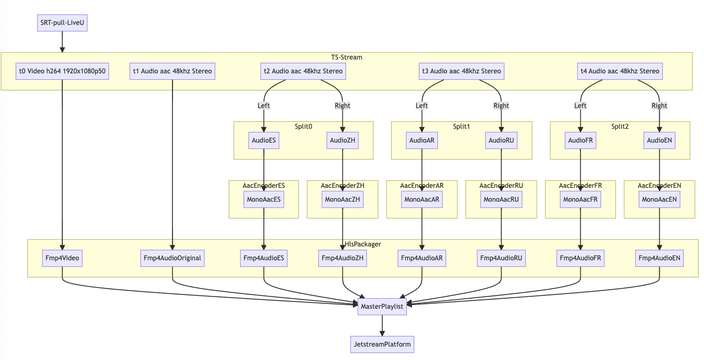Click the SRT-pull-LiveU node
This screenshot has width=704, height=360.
coord(62,23)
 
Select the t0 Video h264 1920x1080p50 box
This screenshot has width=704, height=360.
coord(62,71)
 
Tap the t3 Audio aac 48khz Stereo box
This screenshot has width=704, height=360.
coord(461,71)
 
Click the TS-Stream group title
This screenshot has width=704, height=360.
coord(346,57)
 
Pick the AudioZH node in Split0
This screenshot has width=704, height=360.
coord(343,140)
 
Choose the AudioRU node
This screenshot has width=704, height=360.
coord(501,140)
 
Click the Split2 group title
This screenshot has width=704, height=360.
coord(620,126)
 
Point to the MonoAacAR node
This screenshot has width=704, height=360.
coord(422,199)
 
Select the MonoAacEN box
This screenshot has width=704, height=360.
coord(659,199)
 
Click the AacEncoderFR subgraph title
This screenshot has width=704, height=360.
coord(580,186)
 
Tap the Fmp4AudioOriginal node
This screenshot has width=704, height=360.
coord(173,258)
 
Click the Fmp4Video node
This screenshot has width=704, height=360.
coord(62,258)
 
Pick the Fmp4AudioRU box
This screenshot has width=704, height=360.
coord(501,258)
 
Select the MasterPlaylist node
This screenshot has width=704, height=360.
coord(382,306)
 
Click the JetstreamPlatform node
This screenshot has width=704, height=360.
coord(382,344)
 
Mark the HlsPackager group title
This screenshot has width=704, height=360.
coord(363,244)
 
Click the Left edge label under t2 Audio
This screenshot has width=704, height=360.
coord(263,106)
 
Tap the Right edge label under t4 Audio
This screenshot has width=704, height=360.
coord(659,106)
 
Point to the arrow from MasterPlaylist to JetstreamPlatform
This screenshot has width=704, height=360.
coord(382,325)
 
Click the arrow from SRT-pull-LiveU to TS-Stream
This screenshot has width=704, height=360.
coord(62,42)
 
